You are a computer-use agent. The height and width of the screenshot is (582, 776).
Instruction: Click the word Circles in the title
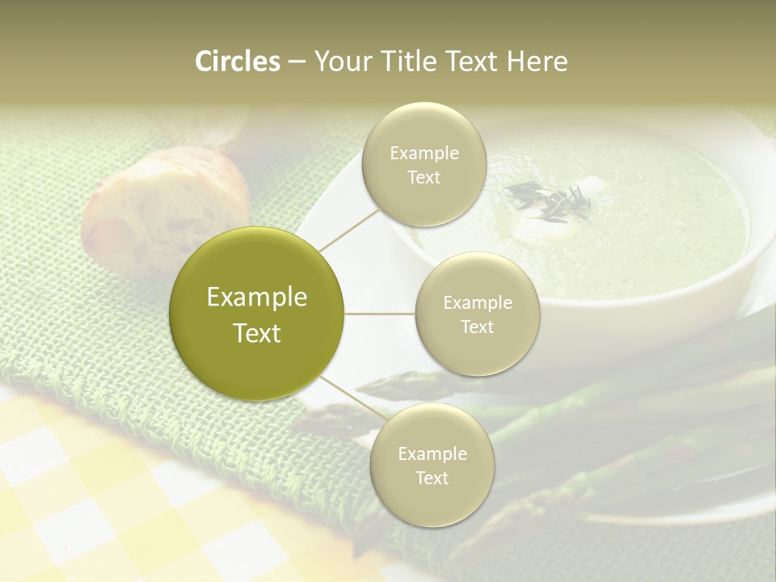[x=238, y=61]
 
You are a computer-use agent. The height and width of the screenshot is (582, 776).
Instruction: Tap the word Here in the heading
[x=536, y=61]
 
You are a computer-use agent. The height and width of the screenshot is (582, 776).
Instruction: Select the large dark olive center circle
[x=257, y=314]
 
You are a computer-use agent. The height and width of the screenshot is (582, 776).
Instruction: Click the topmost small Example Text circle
[x=424, y=164]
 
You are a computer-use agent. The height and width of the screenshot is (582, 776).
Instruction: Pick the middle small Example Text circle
[x=478, y=314]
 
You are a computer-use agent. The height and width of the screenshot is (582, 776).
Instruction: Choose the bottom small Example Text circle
[x=432, y=465]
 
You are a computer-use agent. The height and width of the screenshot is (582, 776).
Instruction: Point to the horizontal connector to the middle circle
[x=380, y=314]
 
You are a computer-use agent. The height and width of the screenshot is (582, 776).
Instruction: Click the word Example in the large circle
[x=257, y=297]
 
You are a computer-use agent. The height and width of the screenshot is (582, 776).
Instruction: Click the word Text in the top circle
[x=424, y=177]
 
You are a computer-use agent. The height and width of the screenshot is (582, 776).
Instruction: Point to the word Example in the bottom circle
[x=432, y=453]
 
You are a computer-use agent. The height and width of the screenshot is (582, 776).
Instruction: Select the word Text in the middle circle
[x=478, y=327]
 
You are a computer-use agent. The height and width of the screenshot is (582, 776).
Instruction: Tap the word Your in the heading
[x=341, y=61]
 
